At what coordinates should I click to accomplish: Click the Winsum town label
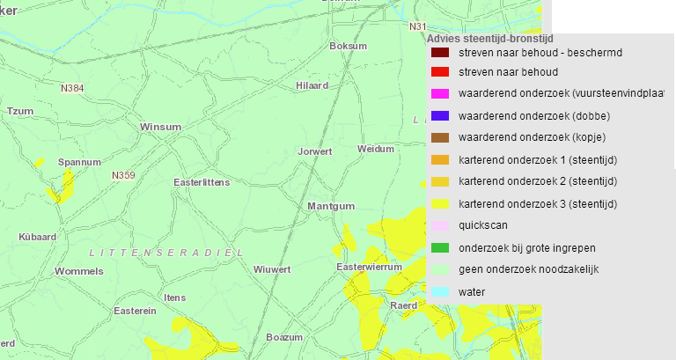[x=160, y=127]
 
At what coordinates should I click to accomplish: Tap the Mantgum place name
[x=331, y=206]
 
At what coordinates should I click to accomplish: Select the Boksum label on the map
[x=346, y=46]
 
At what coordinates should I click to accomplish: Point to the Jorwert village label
[x=315, y=151]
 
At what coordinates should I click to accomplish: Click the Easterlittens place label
[x=202, y=182]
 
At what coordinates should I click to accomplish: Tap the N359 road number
[x=123, y=175]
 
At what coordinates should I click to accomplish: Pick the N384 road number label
[x=72, y=88]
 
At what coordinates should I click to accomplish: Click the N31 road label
[x=417, y=26]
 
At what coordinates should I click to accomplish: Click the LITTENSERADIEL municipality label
[x=166, y=253]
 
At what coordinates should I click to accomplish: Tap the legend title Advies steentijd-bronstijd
[x=489, y=39]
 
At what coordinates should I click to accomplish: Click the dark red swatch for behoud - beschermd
[x=440, y=53]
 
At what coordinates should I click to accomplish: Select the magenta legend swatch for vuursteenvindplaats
[x=440, y=93]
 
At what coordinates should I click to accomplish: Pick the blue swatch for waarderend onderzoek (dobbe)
[x=440, y=115]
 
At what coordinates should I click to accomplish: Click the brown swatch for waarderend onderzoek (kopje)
[x=440, y=137]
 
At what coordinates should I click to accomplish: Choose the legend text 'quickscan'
[x=483, y=225]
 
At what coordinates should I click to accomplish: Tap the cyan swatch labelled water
[x=440, y=291]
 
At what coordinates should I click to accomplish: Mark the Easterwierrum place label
[x=369, y=267]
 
